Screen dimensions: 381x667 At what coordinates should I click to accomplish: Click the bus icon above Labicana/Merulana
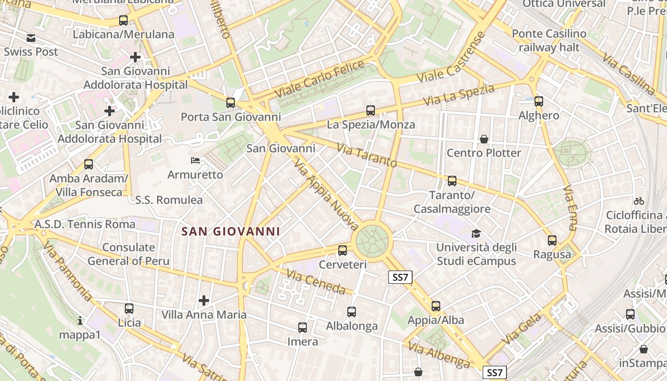(x=123, y=20)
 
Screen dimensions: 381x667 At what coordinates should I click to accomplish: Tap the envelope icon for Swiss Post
(x=31, y=38)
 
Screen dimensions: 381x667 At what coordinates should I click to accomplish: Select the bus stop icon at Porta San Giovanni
(x=231, y=102)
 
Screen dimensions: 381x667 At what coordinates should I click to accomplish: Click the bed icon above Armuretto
(x=195, y=160)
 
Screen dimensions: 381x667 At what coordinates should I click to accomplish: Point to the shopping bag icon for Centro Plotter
(x=484, y=139)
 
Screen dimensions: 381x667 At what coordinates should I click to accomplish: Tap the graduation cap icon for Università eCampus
(x=476, y=233)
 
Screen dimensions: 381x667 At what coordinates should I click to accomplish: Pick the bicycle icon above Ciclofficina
(x=639, y=201)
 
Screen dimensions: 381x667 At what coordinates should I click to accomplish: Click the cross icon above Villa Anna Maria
(x=204, y=301)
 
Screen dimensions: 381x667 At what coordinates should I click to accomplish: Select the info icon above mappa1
(x=80, y=321)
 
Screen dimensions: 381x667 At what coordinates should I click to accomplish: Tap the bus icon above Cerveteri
(x=342, y=250)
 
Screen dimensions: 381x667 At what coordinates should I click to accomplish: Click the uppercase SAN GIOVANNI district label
(x=231, y=231)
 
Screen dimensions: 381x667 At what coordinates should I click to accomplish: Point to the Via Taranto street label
(x=366, y=155)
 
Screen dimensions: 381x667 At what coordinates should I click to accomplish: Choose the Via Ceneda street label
(x=316, y=281)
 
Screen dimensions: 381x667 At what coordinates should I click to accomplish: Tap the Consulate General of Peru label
(x=129, y=254)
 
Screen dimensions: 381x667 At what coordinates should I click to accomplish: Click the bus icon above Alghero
(x=539, y=101)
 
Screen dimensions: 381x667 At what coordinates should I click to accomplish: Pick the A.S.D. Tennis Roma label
(x=85, y=224)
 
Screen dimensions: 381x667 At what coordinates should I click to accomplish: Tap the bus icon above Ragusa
(x=552, y=241)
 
